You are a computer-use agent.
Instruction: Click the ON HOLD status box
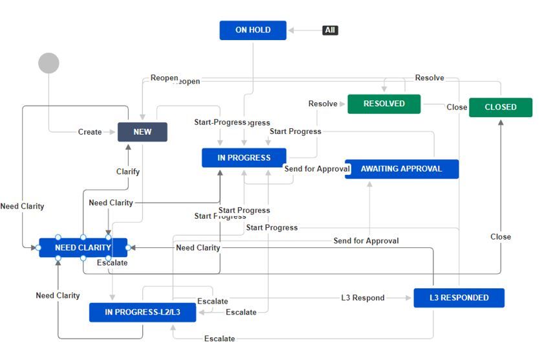(252, 30)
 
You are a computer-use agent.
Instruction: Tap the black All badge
(330, 30)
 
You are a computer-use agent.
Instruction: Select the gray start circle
(49, 63)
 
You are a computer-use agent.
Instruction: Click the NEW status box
(142, 131)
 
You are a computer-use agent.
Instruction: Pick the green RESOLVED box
(384, 104)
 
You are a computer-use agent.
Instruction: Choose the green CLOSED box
(500, 107)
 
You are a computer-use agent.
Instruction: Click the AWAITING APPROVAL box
(402, 168)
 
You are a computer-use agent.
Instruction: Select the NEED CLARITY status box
(83, 247)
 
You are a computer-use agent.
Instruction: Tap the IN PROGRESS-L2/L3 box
(142, 312)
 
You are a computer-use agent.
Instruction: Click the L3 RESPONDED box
(459, 298)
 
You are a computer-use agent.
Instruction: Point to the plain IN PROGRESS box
(244, 157)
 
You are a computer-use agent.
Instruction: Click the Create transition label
(90, 132)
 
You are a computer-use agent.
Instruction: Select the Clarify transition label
(128, 172)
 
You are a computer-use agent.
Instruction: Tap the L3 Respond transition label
(363, 298)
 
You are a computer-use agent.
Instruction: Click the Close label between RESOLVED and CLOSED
(457, 107)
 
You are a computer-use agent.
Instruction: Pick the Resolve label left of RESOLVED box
(323, 104)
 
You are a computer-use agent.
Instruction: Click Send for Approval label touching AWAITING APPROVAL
(317, 168)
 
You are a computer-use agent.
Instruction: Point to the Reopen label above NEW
(164, 78)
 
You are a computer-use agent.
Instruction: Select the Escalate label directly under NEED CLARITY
(112, 263)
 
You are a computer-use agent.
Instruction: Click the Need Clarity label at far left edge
(22, 206)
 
